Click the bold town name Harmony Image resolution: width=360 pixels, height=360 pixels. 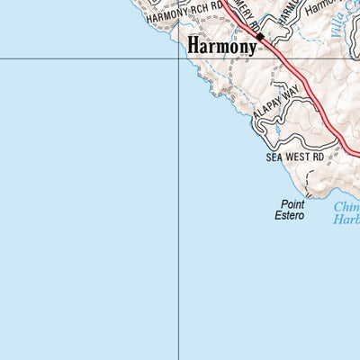pyautogui.click(x=221, y=45)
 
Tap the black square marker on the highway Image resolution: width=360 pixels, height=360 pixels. pyautogui.click(x=260, y=37)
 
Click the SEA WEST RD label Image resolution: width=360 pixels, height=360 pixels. pyautogui.click(x=294, y=157)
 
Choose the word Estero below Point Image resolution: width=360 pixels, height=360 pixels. pyautogui.click(x=290, y=216)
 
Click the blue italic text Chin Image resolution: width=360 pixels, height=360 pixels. pyautogui.click(x=346, y=205)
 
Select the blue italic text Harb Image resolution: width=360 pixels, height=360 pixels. pyautogui.click(x=346, y=217)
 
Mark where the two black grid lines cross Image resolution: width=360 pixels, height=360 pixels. pyautogui.click(x=177, y=59)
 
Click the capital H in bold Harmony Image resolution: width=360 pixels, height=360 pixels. pyautogui.click(x=194, y=44)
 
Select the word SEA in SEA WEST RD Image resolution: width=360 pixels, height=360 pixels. pyautogui.click(x=274, y=157)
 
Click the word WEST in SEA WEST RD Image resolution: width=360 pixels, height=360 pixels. pyautogui.click(x=296, y=157)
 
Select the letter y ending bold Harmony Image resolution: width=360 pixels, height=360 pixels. pyautogui.click(x=250, y=47)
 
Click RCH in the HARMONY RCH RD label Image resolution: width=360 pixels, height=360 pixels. pyautogui.click(x=197, y=13)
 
